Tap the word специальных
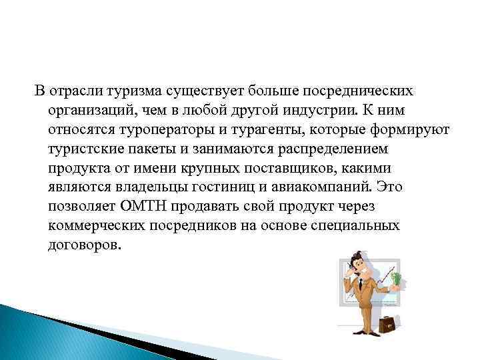coord(355,225)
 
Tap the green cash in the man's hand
coord(398,278)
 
